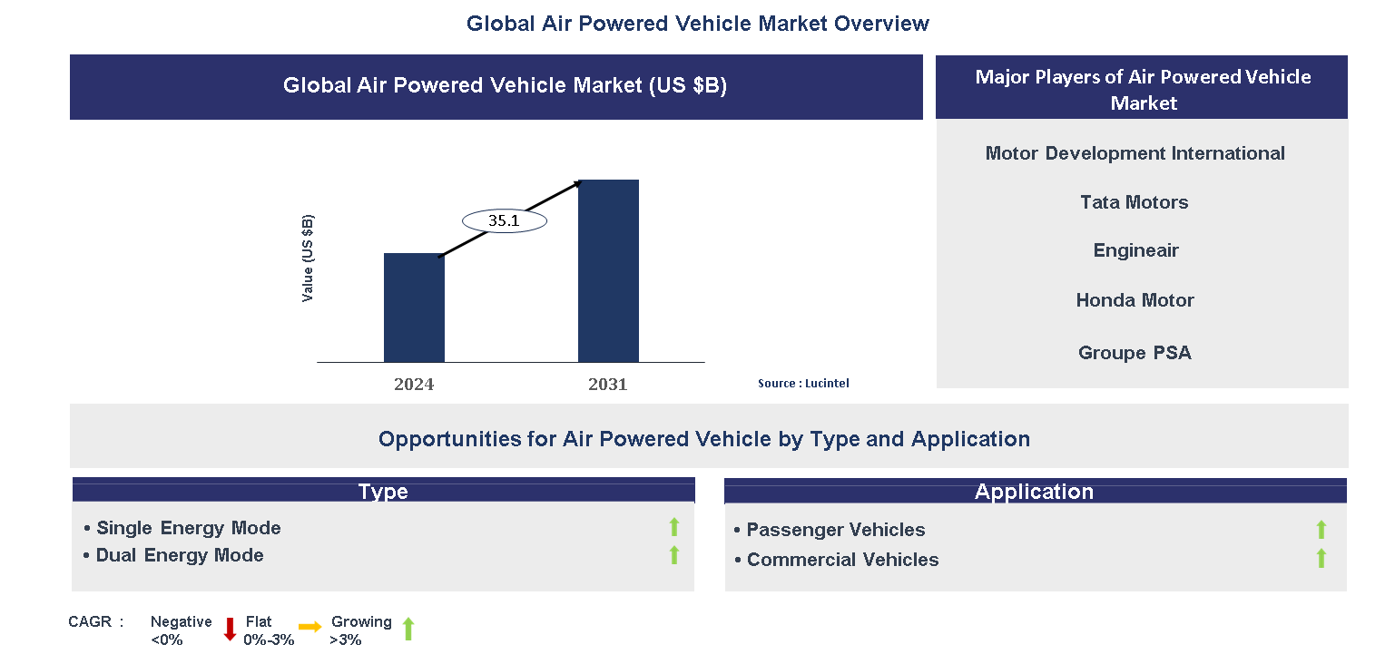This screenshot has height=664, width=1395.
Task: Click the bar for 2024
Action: click(414, 308)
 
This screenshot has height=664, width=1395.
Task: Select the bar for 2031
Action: click(608, 271)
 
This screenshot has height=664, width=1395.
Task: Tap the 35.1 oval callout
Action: click(505, 220)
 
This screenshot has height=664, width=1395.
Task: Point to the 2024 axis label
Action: click(414, 385)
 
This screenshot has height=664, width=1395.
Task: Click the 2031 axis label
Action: click(607, 385)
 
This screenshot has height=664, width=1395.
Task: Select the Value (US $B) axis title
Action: click(309, 259)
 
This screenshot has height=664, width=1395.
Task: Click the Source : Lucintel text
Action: click(803, 384)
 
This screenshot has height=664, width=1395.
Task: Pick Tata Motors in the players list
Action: click(1134, 202)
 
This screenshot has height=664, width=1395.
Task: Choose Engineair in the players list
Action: click(1135, 250)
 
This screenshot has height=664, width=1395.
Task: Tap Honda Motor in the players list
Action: click(1135, 300)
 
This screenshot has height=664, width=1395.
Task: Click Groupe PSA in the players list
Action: click(1135, 353)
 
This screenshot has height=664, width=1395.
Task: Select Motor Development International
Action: click(1135, 153)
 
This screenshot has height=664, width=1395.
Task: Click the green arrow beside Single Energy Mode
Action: click(673, 527)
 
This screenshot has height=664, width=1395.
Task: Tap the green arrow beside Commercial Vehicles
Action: click(1321, 559)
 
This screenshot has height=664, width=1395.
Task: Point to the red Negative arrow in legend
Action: click(230, 629)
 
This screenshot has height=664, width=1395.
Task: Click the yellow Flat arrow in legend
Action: click(310, 627)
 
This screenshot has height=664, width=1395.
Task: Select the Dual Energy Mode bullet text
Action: click(180, 555)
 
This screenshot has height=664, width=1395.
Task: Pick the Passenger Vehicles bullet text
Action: click(835, 530)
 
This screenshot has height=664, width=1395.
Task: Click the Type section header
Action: click(383, 492)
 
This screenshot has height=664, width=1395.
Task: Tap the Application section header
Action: click(1034, 492)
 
